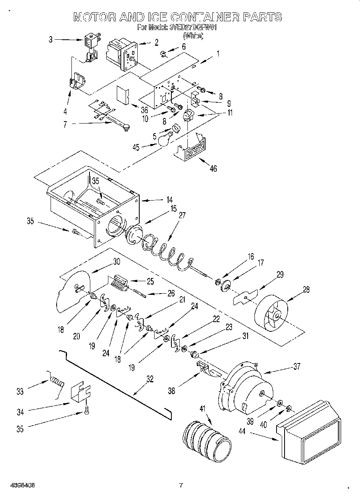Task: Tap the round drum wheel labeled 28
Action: tap(273, 313)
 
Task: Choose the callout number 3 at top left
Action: tap(51, 39)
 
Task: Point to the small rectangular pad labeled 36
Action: tap(122, 95)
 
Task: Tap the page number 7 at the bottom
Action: tap(181, 485)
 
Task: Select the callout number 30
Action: tap(116, 261)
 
